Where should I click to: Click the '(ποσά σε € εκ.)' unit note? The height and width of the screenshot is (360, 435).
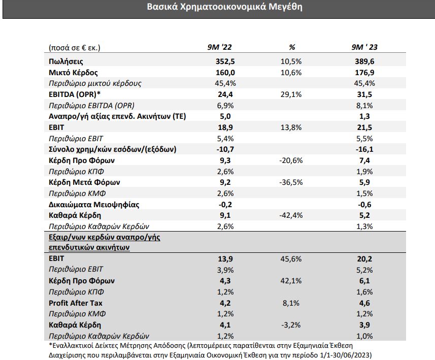pos(75,48)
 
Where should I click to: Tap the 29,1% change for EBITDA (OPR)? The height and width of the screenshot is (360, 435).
pos(291,94)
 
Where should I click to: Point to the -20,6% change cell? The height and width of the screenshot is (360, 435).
pos(291,160)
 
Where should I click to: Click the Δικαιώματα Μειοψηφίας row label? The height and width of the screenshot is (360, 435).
pos(94,204)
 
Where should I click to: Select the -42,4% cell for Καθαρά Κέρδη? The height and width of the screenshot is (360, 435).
pos(291,215)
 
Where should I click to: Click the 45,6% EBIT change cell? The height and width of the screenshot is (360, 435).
pos(291,259)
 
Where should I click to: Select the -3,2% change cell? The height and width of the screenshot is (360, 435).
pos(291,325)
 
